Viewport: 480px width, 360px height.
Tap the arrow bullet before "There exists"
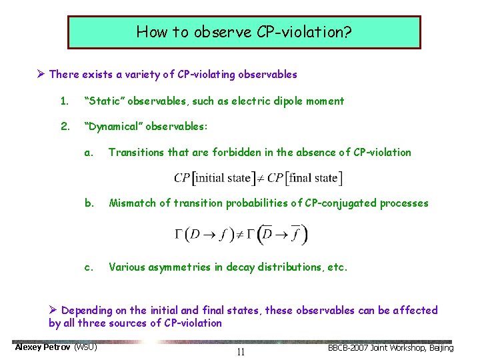[41, 75]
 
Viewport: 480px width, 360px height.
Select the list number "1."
[65, 101]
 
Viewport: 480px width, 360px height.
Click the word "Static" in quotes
[104, 101]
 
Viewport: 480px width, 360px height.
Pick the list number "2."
[65, 126]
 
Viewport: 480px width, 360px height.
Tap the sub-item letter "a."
[89, 152]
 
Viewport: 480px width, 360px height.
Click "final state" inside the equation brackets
[313, 178]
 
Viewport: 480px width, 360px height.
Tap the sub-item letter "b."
[89, 203]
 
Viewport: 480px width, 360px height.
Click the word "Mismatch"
[133, 203]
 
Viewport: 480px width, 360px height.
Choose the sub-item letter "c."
[89, 267]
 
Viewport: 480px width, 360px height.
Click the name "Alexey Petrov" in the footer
[43, 347]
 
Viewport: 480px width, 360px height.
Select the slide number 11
[241, 351]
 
